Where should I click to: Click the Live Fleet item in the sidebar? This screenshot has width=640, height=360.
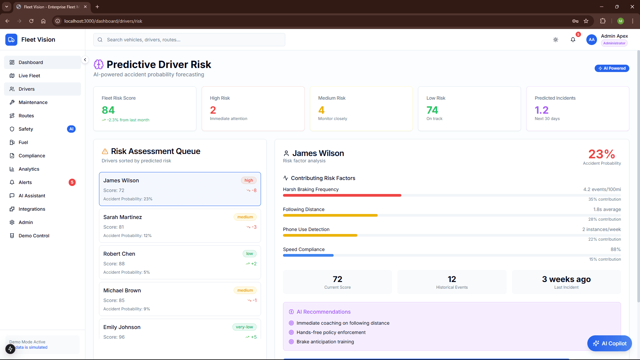[x=29, y=76]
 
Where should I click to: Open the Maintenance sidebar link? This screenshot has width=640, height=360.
[x=33, y=102]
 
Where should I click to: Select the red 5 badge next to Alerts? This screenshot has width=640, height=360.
[x=72, y=182]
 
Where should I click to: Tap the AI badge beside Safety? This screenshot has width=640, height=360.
[x=71, y=129]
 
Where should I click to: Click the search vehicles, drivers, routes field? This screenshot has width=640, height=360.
[x=189, y=40]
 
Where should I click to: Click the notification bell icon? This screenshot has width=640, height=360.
[x=573, y=40]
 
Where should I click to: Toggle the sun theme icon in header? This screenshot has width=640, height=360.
[x=556, y=40]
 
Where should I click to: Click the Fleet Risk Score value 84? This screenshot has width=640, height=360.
[x=108, y=110]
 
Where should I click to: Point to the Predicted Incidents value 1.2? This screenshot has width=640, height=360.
[x=542, y=110]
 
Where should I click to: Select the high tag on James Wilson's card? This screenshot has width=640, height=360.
[x=249, y=180]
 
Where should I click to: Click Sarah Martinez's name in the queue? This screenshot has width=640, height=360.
[x=123, y=217]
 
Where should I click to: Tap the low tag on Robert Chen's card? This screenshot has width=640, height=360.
[x=249, y=254]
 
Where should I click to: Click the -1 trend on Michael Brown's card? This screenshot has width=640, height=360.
[x=252, y=300]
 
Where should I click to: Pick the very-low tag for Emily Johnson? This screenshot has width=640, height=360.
[x=244, y=327]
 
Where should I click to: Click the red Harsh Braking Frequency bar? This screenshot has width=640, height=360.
[x=342, y=195]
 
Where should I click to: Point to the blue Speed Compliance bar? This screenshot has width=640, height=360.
[x=308, y=255]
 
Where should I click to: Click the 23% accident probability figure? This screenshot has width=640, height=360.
[x=602, y=154]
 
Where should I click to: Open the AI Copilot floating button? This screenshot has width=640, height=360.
[x=610, y=343]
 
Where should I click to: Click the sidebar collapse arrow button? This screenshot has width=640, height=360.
[x=85, y=60]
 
